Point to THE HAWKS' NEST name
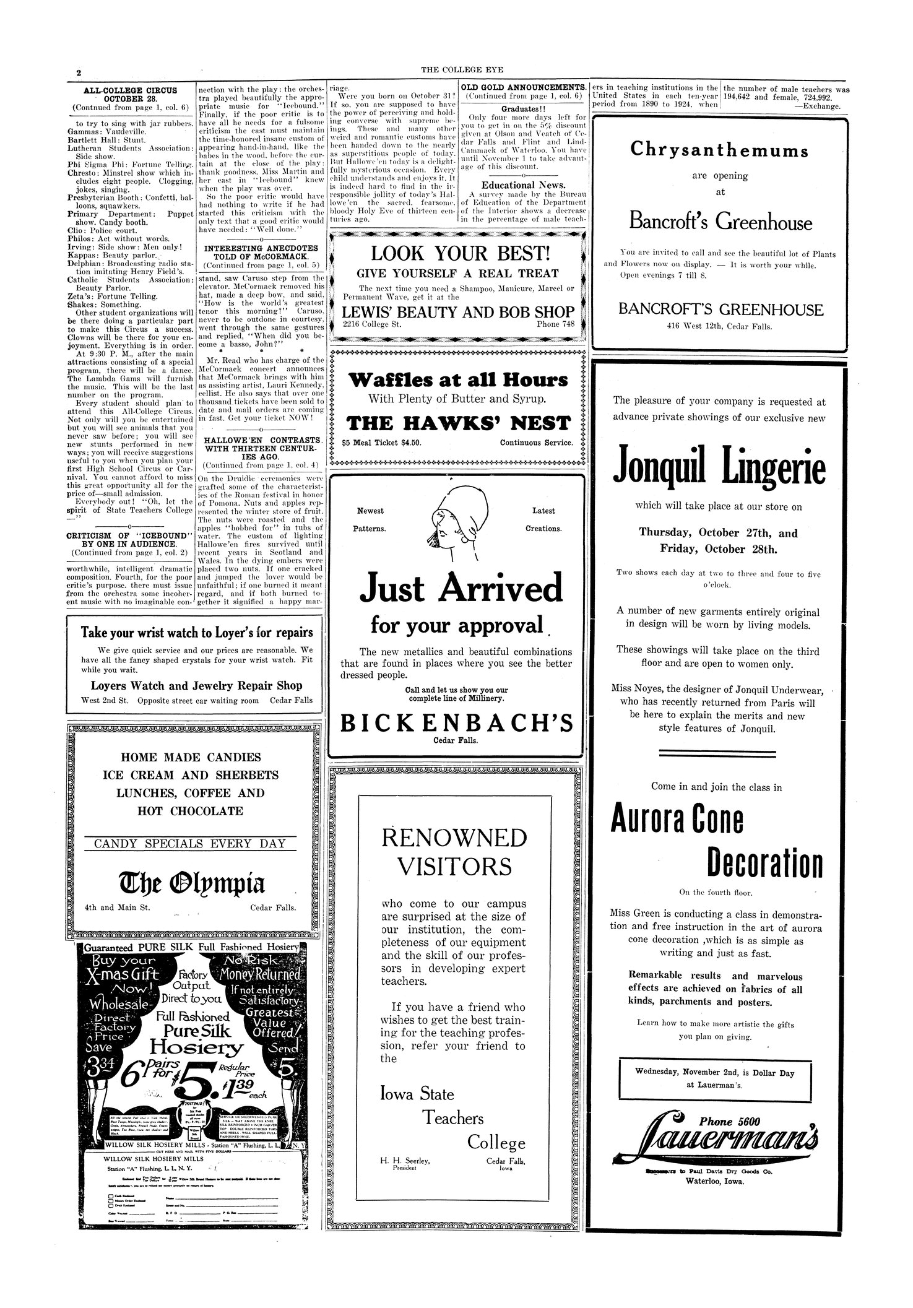click(x=458, y=423)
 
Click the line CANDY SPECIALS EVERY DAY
click(x=191, y=843)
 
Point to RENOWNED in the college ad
click(x=454, y=838)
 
